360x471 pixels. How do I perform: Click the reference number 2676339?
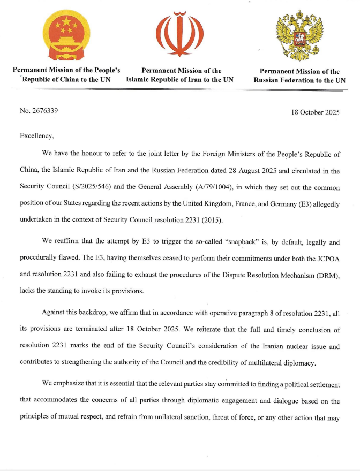[44, 111]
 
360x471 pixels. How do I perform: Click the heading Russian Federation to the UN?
[299, 81]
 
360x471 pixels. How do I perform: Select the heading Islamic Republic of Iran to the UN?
[179, 80]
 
